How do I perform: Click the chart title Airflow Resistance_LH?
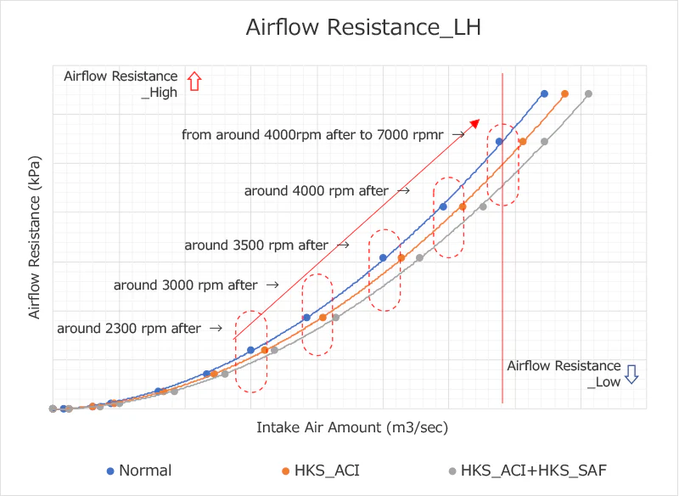point(363,28)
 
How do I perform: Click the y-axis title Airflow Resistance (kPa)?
point(35,237)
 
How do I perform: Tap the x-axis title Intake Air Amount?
point(352,427)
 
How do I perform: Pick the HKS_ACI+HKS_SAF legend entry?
point(526,471)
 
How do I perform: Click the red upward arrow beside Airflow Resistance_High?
point(194,82)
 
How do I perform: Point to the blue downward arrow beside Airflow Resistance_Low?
point(631,374)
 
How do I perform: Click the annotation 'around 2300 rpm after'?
point(128,329)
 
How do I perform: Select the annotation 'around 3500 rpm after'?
point(256,245)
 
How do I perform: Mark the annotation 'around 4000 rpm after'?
point(316,191)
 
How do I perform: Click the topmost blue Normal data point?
point(544,93)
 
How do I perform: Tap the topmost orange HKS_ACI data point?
point(564,93)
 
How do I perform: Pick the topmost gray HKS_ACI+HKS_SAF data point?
point(588,93)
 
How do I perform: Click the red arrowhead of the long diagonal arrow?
point(475,123)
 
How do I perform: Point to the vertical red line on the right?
point(502,255)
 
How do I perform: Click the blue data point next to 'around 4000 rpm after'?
point(443,206)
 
